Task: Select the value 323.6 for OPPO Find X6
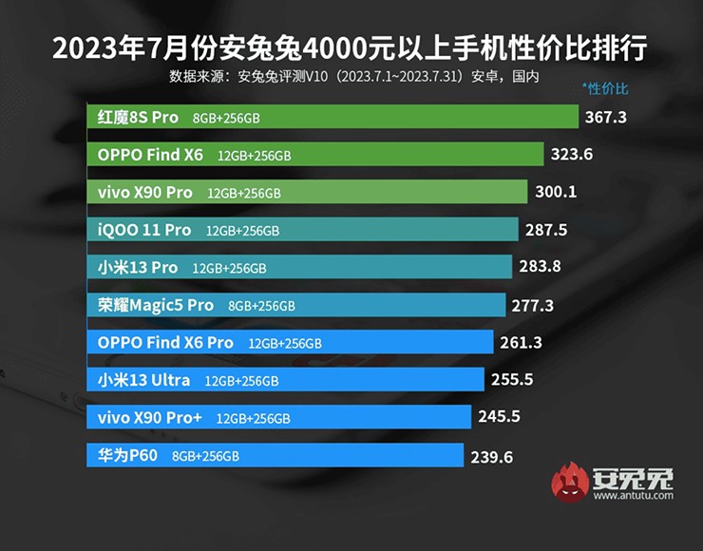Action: (573, 154)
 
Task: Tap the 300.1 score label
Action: (555, 192)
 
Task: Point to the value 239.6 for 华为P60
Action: (491, 457)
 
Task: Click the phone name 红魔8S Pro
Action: (138, 117)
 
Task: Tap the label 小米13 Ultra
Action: (144, 380)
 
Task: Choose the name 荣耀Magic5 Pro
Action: (156, 305)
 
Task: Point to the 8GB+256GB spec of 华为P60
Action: (205, 457)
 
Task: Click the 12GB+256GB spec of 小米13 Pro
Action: (229, 268)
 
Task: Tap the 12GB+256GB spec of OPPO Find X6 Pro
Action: (285, 343)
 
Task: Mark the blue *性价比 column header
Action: (605, 89)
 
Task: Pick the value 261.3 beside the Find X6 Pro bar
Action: (522, 343)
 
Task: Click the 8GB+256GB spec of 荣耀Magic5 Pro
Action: (261, 306)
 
